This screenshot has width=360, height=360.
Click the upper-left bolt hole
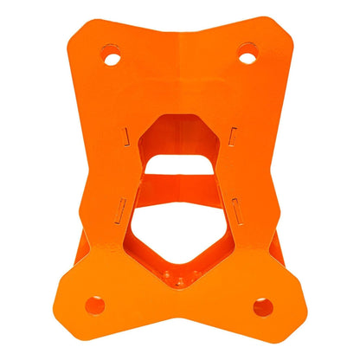pos(110,58)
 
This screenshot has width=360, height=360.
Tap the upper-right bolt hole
pos(248,58)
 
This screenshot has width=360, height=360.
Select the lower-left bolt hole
pos(95,305)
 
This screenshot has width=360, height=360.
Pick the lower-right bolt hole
pos(263,306)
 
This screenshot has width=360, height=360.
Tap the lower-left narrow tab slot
pos(121,206)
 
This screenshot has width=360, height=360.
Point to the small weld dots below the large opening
pos(181,280)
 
